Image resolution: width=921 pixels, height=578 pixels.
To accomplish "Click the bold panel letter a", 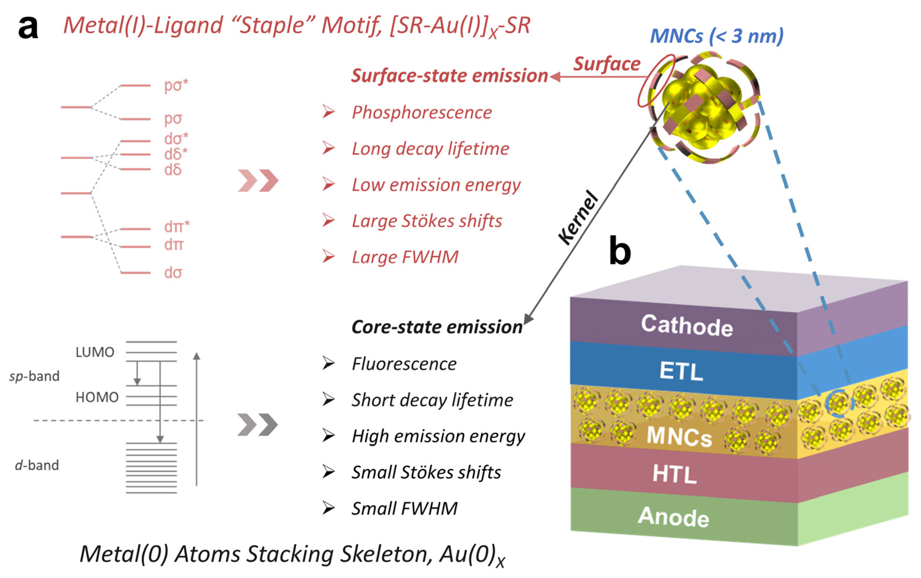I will (x=28, y=28).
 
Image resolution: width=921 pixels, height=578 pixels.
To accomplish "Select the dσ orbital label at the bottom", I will (x=173, y=273).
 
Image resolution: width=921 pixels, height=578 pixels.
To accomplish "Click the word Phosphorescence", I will (x=421, y=113).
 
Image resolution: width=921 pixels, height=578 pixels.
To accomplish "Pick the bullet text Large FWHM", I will (x=405, y=257).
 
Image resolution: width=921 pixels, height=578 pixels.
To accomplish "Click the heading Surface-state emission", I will (x=449, y=76).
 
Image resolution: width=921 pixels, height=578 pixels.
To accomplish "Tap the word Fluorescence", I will (x=404, y=364).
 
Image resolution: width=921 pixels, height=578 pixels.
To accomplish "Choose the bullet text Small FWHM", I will (x=404, y=509).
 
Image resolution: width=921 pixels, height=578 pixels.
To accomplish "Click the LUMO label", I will (x=95, y=352).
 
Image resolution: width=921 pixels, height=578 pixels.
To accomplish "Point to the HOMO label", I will (x=97, y=397).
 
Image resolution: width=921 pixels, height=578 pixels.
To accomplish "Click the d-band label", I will (x=37, y=465).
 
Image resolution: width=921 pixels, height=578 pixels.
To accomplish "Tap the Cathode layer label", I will (x=687, y=326).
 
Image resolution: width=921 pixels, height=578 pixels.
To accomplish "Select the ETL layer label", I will (x=681, y=371).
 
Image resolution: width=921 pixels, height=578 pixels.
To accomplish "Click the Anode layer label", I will (x=673, y=517).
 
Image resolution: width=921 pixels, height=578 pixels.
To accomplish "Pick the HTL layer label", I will (x=674, y=474).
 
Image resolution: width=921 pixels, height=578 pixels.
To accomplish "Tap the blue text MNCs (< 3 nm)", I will (x=716, y=36).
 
